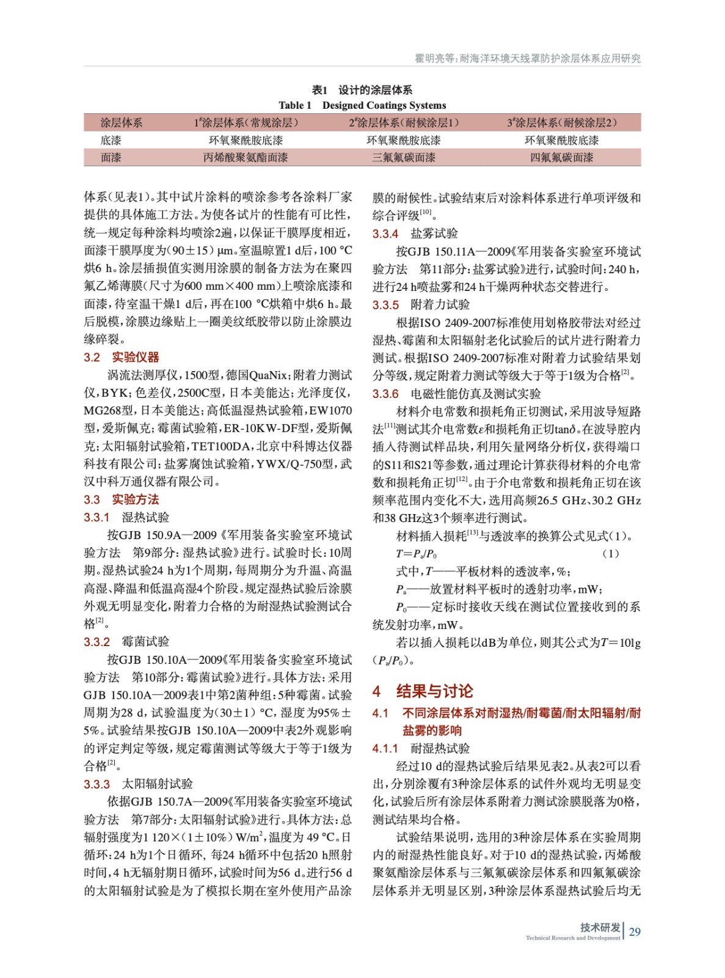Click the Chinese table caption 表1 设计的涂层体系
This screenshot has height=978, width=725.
(x=362, y=90)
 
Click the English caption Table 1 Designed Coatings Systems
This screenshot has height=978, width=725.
(x=362, y=105)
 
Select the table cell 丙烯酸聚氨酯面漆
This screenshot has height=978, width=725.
(x=246, y=158)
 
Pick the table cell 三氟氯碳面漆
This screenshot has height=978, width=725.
(x=404, y=158)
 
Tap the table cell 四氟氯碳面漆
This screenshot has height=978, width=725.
(x=561, y=158)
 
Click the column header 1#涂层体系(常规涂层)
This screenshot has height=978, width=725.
(x=246, y=123)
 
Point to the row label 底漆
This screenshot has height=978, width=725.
(x=111, y=141)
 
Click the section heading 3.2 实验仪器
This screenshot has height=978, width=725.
(x=121, y=357)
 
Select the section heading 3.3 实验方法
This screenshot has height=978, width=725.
(x=121, y=499)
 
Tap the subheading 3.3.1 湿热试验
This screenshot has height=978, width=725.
(x=126, y=517)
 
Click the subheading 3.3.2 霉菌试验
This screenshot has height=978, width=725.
(x=126, y=641)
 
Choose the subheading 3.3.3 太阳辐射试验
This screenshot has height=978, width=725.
(x=138, y=784)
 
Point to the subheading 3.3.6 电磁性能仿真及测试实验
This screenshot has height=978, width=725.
(x=456, y=394)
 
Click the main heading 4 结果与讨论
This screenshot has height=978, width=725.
(x=423, y=691)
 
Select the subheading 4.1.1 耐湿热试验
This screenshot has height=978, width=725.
(x=421, y=748)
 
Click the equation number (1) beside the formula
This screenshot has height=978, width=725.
(x=610, y=554)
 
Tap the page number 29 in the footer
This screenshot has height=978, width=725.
(x=635, y=932)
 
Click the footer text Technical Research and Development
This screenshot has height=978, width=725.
(x=572, y=938)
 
